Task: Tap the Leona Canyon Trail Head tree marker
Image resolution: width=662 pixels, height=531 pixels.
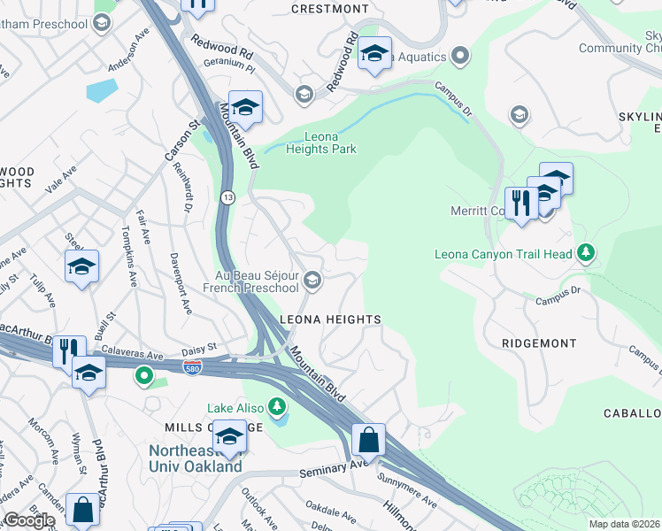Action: [585, 254]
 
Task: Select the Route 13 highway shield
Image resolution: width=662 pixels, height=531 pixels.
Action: [227, 196]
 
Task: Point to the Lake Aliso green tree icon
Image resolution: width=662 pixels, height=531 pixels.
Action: [278, 407]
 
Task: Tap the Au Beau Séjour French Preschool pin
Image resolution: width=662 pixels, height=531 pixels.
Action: [312, 281]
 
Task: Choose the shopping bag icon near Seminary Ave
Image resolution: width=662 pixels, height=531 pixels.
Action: [368, 440]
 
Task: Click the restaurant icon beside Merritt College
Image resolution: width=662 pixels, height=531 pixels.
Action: [521, 204]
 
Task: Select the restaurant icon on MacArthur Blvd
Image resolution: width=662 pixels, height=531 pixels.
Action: [69, 350]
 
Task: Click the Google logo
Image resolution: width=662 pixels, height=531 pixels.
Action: [29, 520]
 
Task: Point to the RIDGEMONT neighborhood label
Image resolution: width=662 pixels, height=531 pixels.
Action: [538, 342]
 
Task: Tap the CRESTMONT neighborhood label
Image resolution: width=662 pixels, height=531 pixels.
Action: [330, 9]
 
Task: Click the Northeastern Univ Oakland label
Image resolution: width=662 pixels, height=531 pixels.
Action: [195, 458]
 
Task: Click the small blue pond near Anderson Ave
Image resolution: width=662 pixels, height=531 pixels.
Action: [101, 90]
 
